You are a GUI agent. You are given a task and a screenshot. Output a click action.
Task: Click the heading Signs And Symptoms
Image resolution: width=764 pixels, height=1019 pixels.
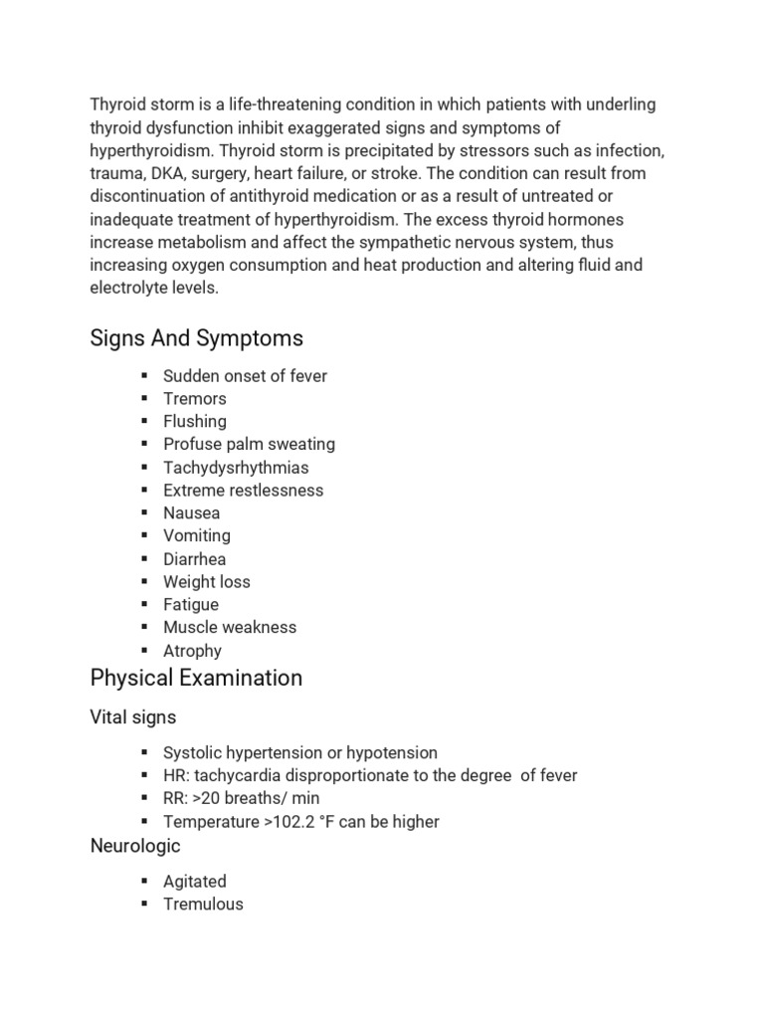click(196, 338)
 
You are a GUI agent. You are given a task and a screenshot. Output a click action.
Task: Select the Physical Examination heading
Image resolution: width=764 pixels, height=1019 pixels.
click(196, 679)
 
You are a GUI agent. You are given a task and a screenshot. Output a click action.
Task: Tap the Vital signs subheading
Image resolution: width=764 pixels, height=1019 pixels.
click(133, 716)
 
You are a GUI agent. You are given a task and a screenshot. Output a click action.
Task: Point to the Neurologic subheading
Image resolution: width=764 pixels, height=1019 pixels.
click(135, 846)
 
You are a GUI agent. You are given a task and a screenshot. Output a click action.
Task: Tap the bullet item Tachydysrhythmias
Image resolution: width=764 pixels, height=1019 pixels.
click(236, 468)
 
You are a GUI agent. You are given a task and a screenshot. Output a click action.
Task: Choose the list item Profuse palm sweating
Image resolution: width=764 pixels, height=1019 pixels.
click(249, 445)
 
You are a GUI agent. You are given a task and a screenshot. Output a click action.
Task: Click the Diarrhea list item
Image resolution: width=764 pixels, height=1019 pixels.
click(194, 559)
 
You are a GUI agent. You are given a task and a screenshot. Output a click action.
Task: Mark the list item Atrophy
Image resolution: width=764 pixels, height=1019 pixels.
click(192, 651)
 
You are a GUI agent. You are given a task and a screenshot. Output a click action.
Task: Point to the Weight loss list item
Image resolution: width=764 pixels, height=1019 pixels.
click(207, 582)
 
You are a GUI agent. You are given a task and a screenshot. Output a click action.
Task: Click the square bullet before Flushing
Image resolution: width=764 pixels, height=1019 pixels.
click(144, 421)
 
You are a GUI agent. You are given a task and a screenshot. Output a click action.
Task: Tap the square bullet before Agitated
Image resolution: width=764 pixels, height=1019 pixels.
click(144, 881)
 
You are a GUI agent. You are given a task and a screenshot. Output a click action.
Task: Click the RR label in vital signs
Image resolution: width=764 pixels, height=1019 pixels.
click(174, 799)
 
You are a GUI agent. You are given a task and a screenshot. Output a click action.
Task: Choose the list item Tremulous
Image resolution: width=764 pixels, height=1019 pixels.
click(203, 905)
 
